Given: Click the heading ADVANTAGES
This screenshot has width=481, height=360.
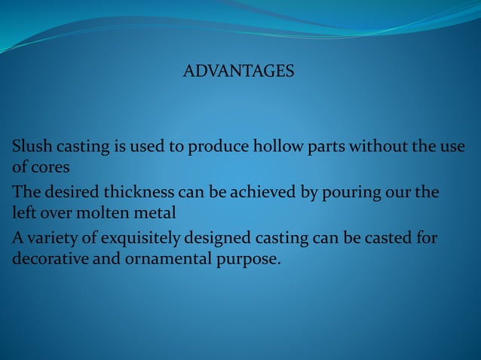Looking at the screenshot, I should (239, 72).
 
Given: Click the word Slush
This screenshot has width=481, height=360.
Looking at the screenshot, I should (31, 146).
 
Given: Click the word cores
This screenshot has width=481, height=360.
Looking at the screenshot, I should (48, 164).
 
